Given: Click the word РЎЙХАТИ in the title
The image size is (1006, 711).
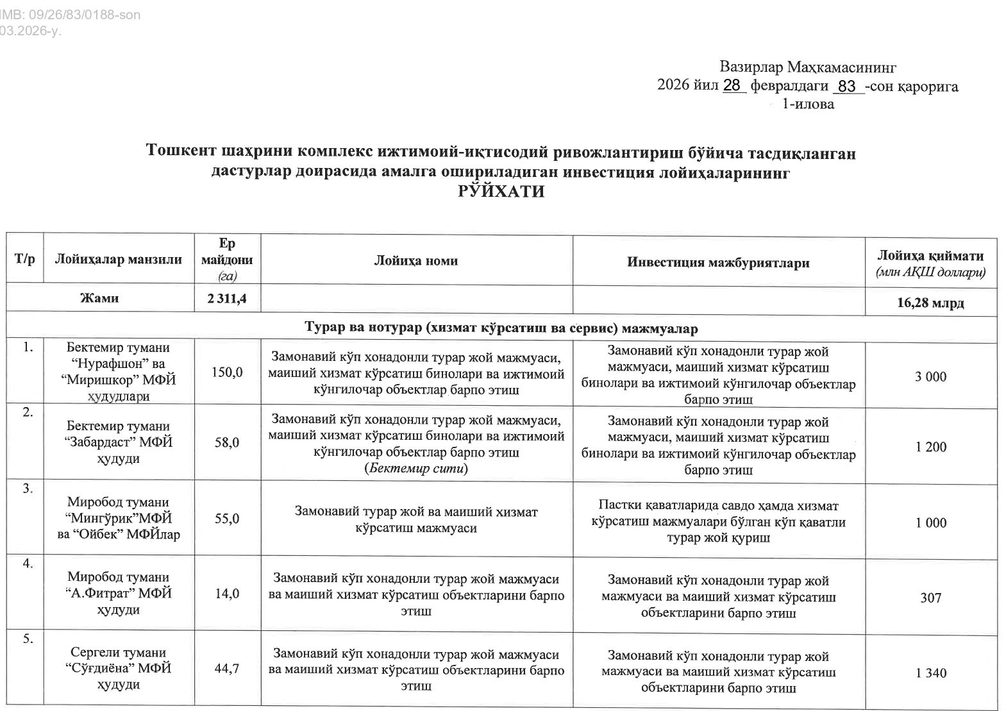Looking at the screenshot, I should pyautogui.click(x=501, y=192).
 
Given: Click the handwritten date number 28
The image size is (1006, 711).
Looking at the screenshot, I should pyautogui.click(x=732, y=85).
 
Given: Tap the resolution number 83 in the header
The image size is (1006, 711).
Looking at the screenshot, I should pyautogui.click(x=847, y=86).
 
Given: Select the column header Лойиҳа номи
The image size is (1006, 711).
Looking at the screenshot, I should pyautogui.click(x=416, y=260).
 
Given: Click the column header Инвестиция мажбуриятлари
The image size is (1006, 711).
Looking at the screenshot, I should pyautogui.click(x=718, y=262).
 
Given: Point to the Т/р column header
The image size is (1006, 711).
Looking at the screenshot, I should pyautogui.click(x=24, y=260).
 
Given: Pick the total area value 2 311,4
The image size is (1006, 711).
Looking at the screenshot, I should pyautogui.click(x=227, y=299).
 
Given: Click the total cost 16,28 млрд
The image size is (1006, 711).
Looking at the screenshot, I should pyautogui.click(x=930, y=303).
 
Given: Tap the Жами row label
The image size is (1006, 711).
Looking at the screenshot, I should pyautogui.click(x=99, y=298).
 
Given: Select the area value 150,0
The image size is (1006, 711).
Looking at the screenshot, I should pyautogui.click(x=227, y=372).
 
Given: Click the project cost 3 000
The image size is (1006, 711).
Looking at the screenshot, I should pyautogui.click(x=930, y=377).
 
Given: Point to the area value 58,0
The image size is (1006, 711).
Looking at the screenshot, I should pyautogui.click(x=227, y=442).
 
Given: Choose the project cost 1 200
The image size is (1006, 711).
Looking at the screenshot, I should pyautogui.click(x=931, y=447).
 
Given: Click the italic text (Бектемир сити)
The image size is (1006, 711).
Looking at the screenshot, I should pyautogui.click(x=416, y=469).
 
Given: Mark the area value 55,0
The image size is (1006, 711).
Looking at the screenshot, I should pyautogui.click(x=227, y=518).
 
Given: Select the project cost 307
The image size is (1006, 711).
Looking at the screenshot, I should pyautogui.click(x=930, y=598).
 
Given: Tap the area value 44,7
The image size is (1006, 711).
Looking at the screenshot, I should pyautogui.click(x=227, y=668).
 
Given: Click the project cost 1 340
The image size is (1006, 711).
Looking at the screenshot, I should pyautogui.click(x=931, y=673).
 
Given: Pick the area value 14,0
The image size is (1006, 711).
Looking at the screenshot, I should pyautogui.click(x=227, y=594).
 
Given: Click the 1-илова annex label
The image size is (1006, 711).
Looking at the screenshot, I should pyautogui.click(x=808, y=104).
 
